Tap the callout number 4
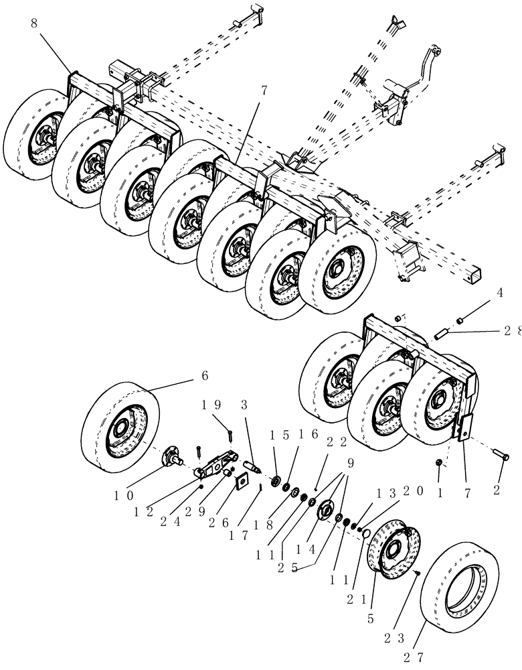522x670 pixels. (499, 293)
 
